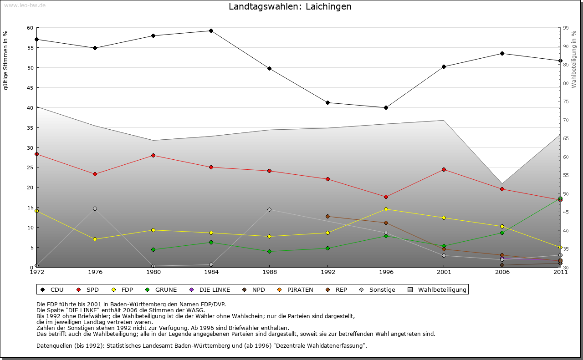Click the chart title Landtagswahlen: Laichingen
290,7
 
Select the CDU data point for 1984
211,31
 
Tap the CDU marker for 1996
386,108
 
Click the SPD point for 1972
36,154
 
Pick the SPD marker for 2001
444,170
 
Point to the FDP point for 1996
386,209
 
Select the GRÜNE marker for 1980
153,249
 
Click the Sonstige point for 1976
95,209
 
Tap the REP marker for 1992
327,217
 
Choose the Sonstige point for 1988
269,210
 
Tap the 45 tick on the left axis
30,88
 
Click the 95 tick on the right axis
566,28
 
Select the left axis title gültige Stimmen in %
6,60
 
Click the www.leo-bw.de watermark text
25,5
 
